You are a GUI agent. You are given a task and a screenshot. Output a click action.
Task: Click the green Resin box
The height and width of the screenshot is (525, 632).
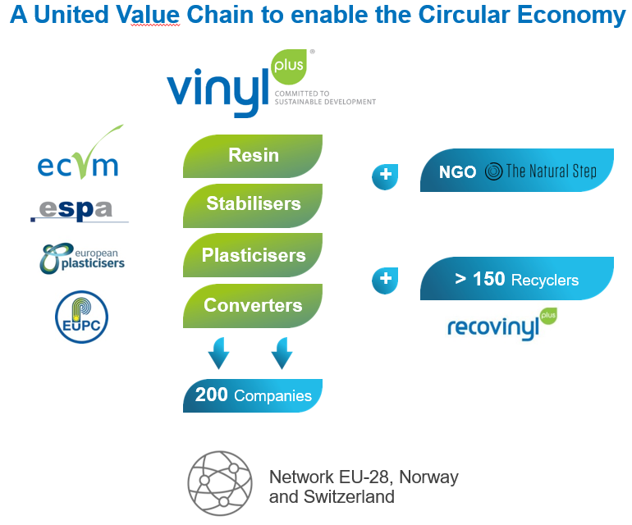(253, 156)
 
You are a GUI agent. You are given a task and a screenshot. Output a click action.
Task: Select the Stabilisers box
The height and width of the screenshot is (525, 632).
(253, 205)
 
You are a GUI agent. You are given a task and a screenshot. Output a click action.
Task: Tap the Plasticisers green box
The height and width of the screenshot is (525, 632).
(253, 255)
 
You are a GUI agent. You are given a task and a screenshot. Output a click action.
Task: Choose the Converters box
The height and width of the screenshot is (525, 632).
(253, 305)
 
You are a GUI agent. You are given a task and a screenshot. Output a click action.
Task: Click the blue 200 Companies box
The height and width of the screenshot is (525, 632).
(253, 395)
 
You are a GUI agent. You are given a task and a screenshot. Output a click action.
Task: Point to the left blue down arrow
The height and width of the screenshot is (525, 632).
(219, 354)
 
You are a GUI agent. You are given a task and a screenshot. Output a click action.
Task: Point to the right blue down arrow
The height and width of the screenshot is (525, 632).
(282, 354)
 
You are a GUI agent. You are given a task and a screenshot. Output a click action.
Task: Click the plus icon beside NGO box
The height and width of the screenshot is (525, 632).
(385, 176)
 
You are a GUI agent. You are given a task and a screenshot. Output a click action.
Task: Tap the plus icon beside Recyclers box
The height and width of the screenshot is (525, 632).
(385, 280)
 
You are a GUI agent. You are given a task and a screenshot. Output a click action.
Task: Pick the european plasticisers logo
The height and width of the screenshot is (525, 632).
(82, 258)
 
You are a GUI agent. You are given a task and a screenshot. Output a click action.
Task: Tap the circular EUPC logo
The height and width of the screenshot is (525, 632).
(81, 317)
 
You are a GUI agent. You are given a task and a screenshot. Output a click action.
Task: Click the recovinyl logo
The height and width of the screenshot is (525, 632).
(502, 324)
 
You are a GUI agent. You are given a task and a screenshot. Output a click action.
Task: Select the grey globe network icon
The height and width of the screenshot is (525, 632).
(220, 483)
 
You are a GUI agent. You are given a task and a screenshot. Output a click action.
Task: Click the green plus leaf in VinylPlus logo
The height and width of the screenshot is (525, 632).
(289, 66)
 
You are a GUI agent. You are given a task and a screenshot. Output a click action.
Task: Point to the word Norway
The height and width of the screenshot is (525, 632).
(428, 477)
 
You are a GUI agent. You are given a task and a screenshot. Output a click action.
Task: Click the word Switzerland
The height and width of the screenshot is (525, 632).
(349, 497)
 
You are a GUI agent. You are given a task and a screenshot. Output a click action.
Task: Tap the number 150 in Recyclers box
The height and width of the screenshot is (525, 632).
(488, 279)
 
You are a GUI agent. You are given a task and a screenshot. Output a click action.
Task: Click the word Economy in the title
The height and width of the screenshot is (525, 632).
(571, 16)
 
